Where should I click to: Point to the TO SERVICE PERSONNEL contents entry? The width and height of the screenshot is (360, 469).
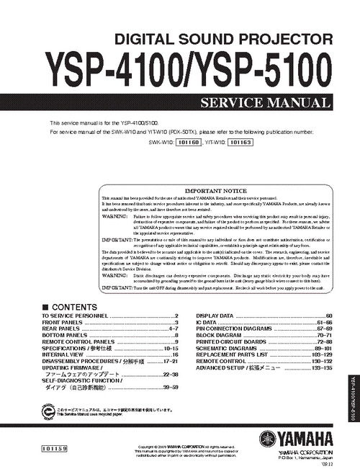[x=75, y=316]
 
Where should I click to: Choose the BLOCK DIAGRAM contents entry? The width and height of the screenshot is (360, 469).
[x=217, y=335]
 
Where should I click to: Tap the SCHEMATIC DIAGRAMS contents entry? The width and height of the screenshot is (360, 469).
[x=225, y=348]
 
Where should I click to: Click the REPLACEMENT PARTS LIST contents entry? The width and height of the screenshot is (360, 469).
[x=231, y=354]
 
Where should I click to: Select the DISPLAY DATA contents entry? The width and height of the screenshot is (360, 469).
[x=214, y=316]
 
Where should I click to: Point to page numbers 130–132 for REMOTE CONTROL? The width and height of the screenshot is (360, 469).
[x=322, y=361]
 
